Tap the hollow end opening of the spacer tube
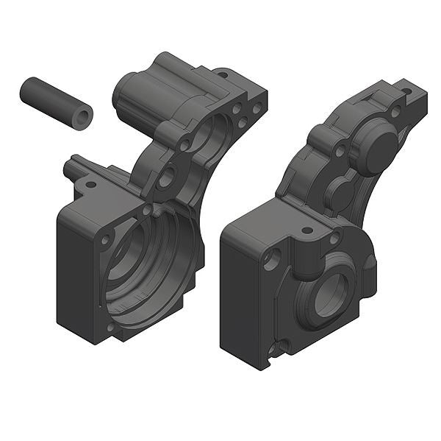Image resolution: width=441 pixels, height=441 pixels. click(x=83, y=116)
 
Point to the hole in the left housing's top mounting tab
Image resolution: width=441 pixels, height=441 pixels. click(x=221, y=74)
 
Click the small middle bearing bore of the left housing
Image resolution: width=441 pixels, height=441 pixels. click(x=168, y=175)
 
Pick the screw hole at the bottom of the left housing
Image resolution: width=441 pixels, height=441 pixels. click(x=111, y=326)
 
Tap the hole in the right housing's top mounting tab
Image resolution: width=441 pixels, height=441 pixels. click(x=405, y=92)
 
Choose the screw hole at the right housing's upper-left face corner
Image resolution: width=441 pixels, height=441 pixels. click(x=274, y=258)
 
